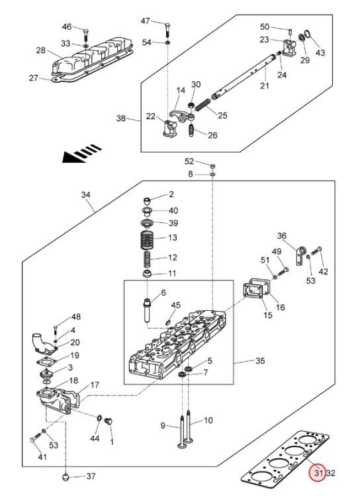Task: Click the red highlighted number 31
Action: pos(318,473)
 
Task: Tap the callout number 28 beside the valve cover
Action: pos(41,50)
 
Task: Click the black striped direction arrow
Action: pos(82,153)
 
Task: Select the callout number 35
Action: pos(260,360)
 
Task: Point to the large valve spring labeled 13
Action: pos(147,239)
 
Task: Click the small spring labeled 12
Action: pos(148,260)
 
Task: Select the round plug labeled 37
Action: pos(66,477)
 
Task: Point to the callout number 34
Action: pos(86,195)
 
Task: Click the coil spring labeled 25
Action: pos(202,105)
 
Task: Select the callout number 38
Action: pos(121,118)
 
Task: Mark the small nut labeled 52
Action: pos(212,166)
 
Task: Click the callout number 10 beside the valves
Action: pos(208,421)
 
